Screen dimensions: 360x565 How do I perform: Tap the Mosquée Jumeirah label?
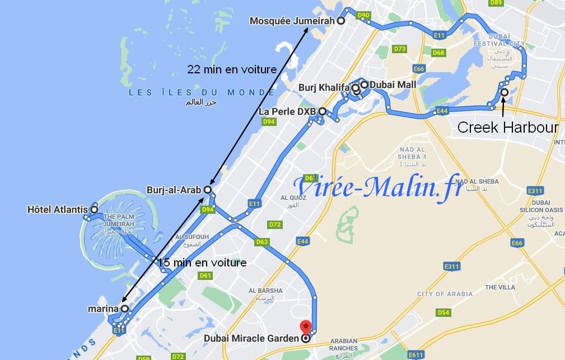pos(292,21)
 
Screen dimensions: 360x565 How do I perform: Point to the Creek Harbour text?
pos(507,128)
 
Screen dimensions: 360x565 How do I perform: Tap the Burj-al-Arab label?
pos(174,190)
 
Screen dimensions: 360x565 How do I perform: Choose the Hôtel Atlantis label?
pos(57,210)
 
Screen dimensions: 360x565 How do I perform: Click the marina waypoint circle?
pos(124,308)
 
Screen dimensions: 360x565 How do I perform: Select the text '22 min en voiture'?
pos(232,69)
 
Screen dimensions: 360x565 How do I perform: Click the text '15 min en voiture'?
pos(202,262)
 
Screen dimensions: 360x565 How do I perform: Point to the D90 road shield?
pos(363,15)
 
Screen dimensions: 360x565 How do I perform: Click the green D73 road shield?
pos(399,49)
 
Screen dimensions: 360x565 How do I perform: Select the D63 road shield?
pos(262,242)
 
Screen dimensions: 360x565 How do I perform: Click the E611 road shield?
pos(416,355)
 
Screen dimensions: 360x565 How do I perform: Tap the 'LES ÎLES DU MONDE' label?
pos(202,92)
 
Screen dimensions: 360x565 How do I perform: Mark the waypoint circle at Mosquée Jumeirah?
pos(340,21)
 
